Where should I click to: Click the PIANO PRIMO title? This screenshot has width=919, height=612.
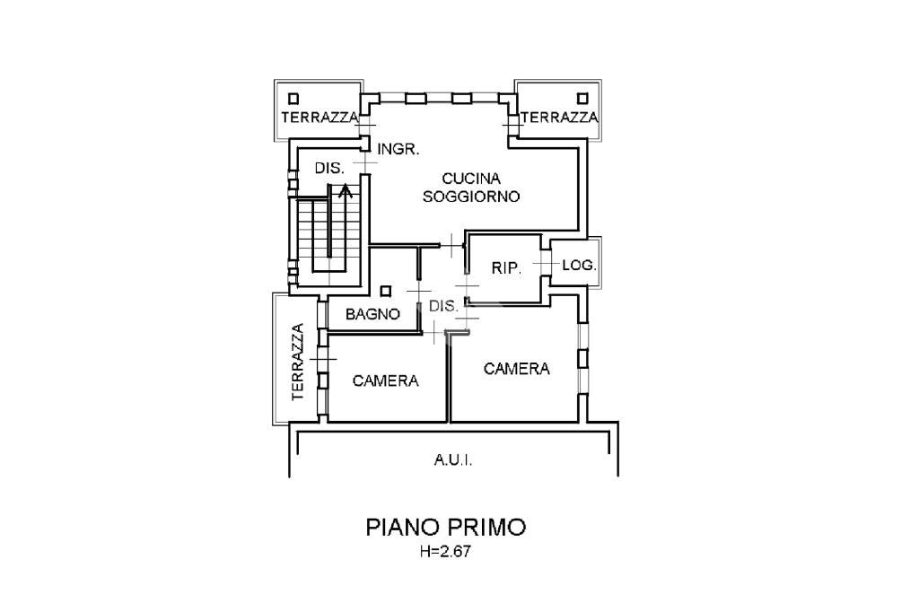pyautogui.click(x=445, y=527)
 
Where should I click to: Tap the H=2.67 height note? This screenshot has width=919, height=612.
pyautogui.click(x=445, y=553)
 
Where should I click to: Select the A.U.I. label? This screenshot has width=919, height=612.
pyautogui.click(x=453, y=461)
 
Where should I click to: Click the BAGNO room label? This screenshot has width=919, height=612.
pyautogui.click(x=372, y=314)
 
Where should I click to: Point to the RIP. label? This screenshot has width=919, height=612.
pyautogui.click(x=506, y=267)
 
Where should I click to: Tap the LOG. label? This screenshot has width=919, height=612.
pyautogui.click(x=579, y=266)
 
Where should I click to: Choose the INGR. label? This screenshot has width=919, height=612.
pyautogui.click(x=398, y=150)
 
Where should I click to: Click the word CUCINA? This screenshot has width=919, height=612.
pyautogui.click(x=471, y=179)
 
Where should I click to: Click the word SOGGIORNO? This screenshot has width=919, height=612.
pyautogui.click(x=471, y=197)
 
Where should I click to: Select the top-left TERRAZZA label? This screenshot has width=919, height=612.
pyautogui.click(x=319, y=118)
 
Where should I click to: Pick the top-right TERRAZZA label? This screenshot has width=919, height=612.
pyautogui.click(x=559, y=118)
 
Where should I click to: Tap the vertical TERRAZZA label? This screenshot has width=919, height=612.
pyautogui.click(x=298, y=361)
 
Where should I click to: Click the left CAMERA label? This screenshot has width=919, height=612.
pyautogui.click(x=386, y=380)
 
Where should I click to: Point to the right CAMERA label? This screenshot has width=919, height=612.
pyautogui.click(x=516, y=369)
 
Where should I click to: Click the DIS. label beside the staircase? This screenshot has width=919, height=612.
pyautogui.click(x=328, y=168)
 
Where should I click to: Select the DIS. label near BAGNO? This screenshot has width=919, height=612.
pyautogui.click(x=443, y=306)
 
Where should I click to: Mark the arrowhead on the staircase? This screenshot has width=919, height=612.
pyautogui.click(x=346, y=189)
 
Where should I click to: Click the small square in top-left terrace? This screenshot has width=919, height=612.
pyautogui.click(x=293, y=97)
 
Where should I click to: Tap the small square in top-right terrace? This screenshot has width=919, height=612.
pyautogui.click(x=583, y=97)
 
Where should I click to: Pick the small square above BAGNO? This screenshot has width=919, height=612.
pyautogui.click(x=386, y=291)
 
